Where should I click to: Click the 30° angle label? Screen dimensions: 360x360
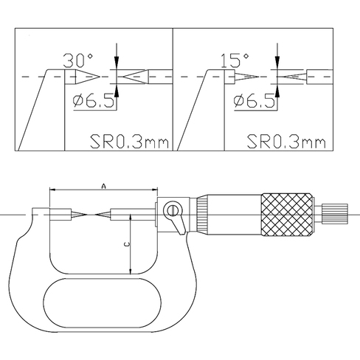(78, 60)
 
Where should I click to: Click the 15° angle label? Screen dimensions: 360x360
(235, 60)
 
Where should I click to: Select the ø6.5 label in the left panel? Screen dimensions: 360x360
(94, 101)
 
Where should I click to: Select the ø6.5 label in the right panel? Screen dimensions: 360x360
(255, 101)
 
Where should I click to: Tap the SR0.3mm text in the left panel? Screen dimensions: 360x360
(130, 142)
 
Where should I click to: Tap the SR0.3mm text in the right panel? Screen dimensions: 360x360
(286, 142)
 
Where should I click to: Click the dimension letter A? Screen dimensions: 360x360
(104, 186)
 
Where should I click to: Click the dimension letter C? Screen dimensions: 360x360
(127, 244)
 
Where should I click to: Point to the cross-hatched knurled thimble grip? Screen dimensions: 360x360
(287, 215)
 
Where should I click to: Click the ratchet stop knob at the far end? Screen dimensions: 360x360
(335, 214)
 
